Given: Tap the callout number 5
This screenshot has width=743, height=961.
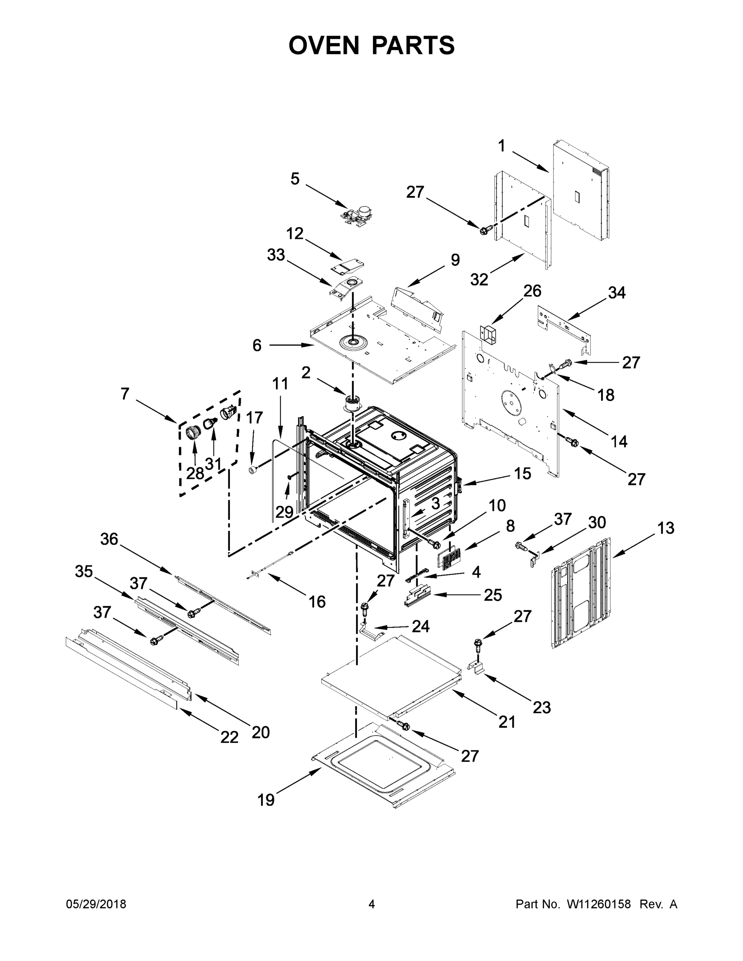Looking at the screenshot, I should pyautogui.click(x=295, y=179).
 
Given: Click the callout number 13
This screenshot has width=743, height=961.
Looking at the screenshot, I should pyautogui.click(x=666, y=528).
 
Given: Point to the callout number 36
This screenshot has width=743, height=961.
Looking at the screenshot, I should pyautogui.click(x=109, y=539).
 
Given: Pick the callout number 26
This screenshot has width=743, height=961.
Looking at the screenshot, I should pyautogui.click(x=532, y=291).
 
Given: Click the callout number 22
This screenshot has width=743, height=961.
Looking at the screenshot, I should pyautogui.click(x=230, y=737).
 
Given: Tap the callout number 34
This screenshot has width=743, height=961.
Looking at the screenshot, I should pyautogui.click(x=616, y=293).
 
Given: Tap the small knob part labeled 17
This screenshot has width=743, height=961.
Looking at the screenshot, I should pyautogui.click(x=253, y=471).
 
